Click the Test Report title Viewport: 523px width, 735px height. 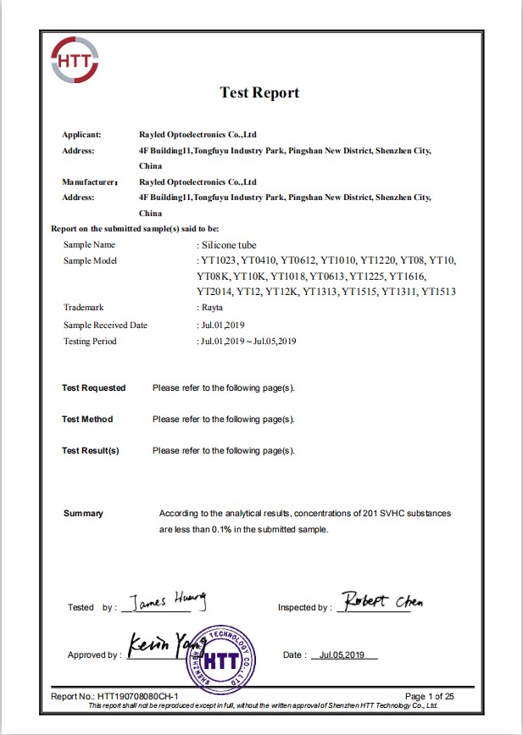coord(259,92)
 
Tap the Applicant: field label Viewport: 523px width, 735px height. coord(81,135)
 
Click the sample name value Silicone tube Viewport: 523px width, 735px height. coord(230,244)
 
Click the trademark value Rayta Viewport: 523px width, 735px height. coord(213,308)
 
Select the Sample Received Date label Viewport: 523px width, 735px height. coord(105,325)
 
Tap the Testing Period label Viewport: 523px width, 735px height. coord(90,341)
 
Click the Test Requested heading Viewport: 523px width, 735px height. coord(93,388)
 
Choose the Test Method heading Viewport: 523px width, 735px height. coord(87,420)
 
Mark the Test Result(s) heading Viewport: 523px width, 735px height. coord(91,451)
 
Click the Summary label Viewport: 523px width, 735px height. coord(83,514)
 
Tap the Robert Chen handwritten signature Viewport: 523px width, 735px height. coord(380,602)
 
